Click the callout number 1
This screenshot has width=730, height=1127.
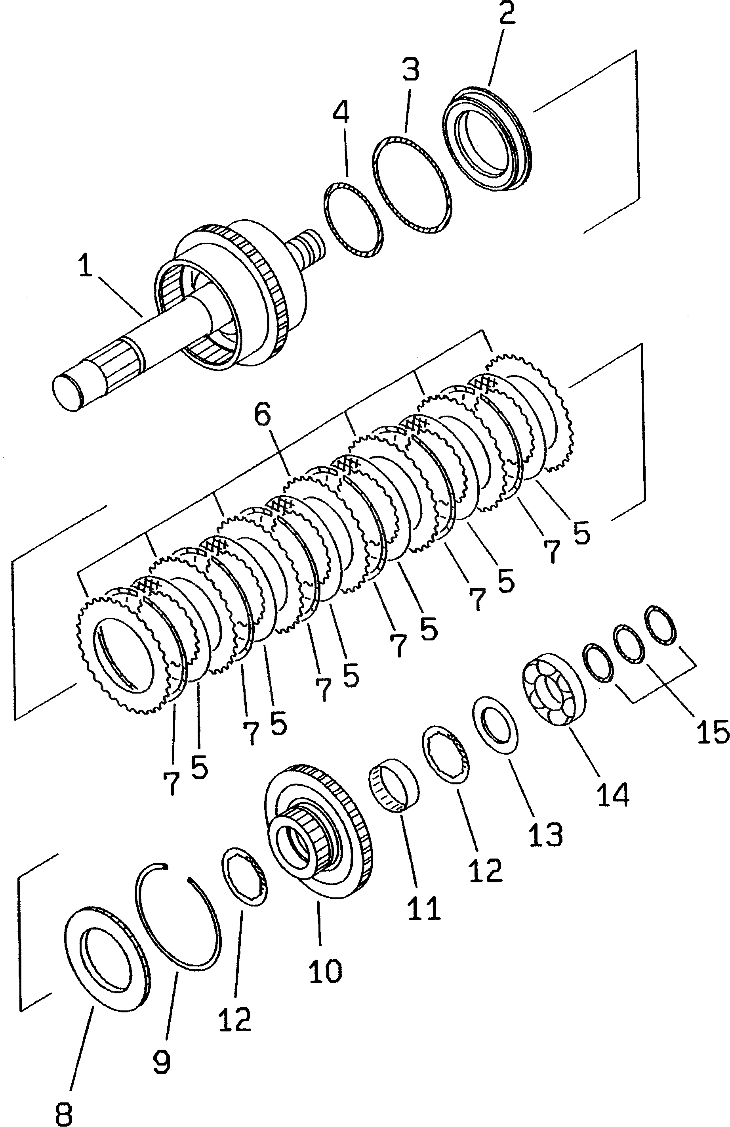(85, 266)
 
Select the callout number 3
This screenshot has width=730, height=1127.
(410, 70)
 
